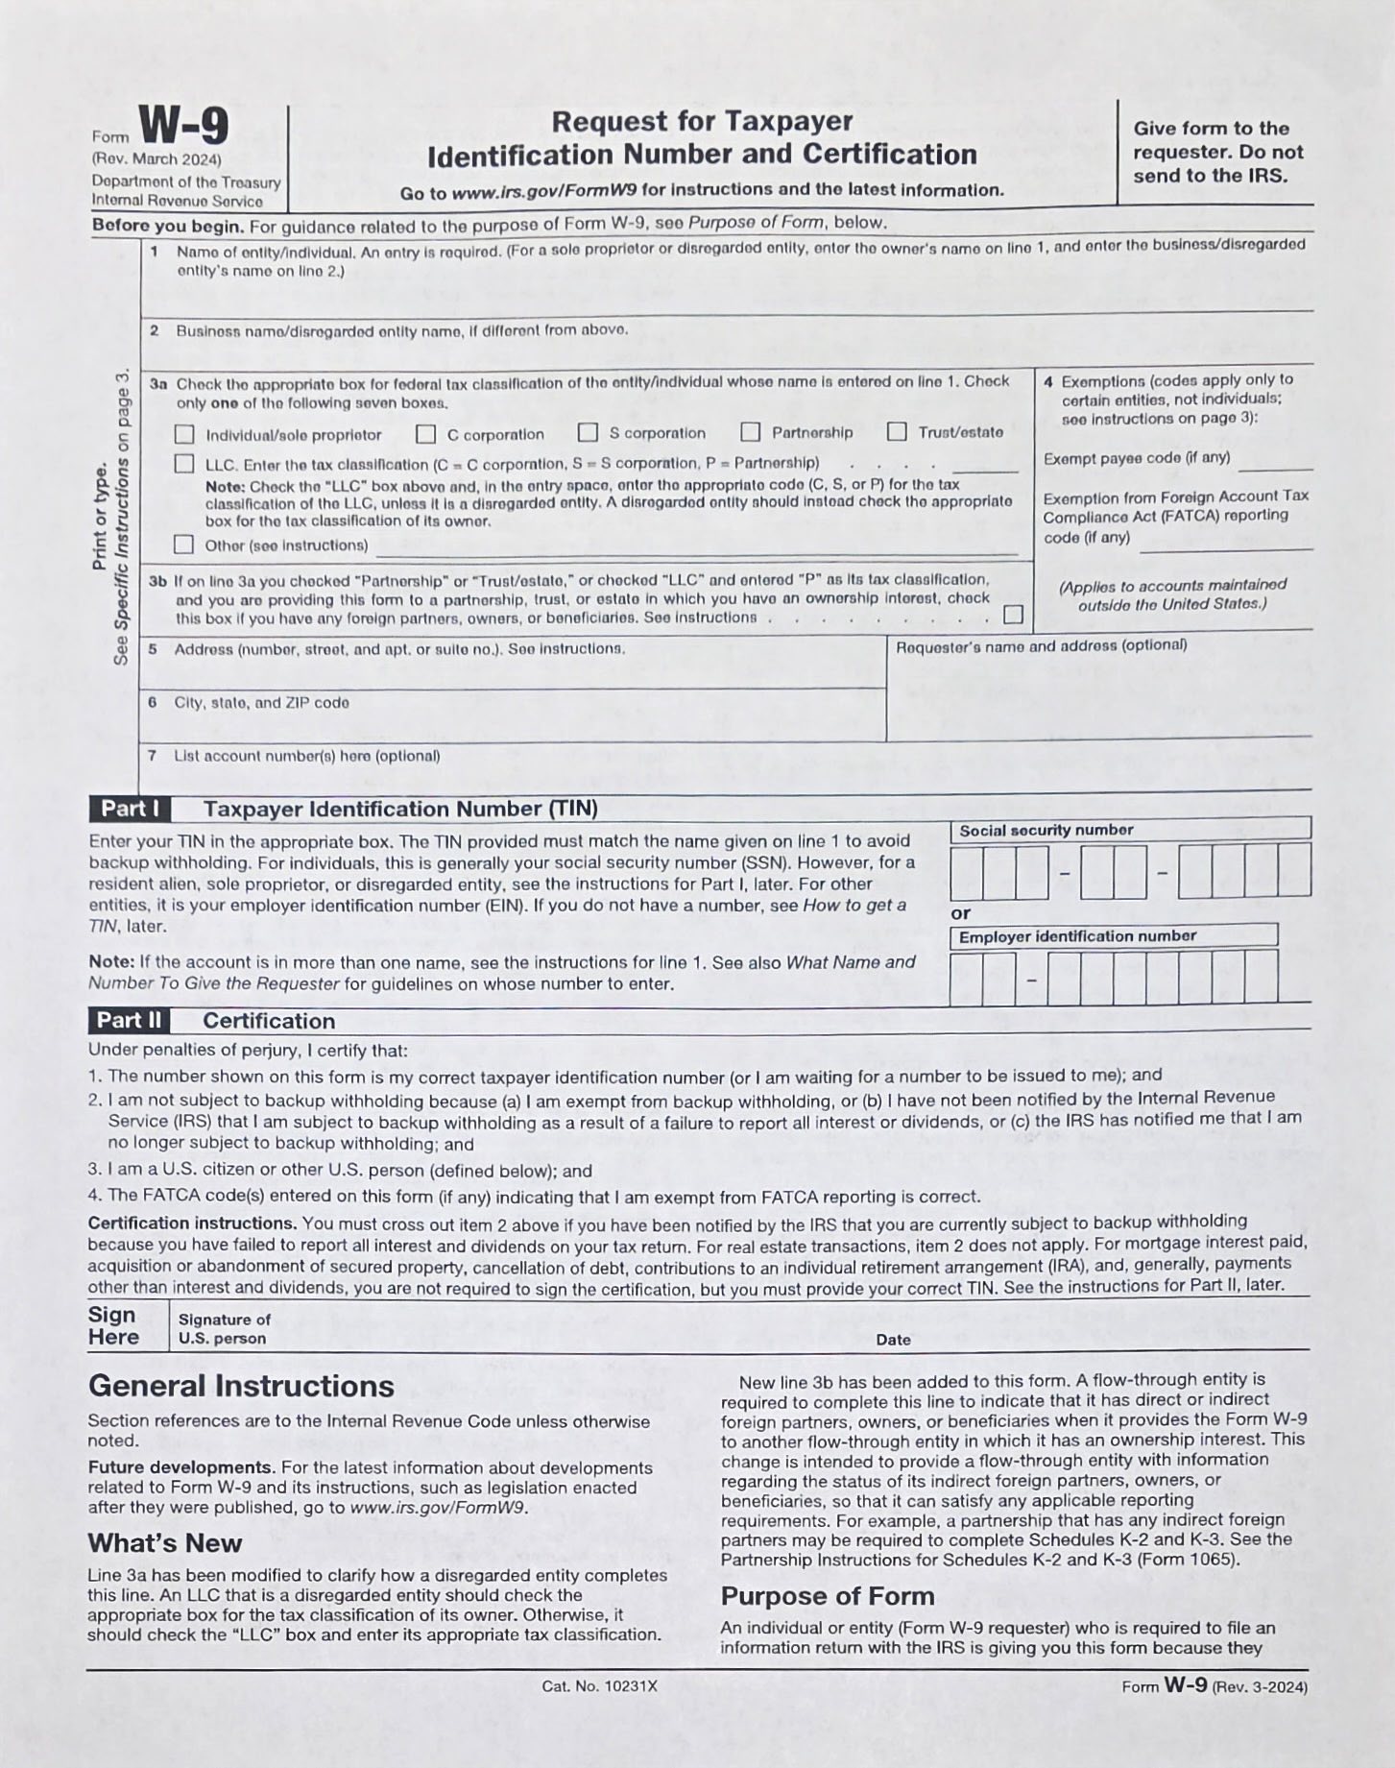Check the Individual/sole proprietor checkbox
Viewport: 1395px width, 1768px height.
[184, 435]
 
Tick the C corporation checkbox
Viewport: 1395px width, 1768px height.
[426, 434]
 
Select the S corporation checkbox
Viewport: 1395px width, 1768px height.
[588, 433]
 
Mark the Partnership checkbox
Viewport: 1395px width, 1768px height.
[751, 432]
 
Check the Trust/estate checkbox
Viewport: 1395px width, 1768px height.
[897, 432]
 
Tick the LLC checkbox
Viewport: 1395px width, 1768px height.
[184, 464]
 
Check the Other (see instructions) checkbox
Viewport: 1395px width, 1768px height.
[183, 545]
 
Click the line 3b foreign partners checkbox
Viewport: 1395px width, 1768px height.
[1013, 615]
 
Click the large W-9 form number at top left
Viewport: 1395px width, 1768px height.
[183, 126]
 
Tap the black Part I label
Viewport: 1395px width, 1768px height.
[131, 809]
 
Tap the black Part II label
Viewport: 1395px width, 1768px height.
[130, 1020]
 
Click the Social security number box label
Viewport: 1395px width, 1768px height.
[1046, 830]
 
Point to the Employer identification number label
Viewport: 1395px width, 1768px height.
[1077, 936]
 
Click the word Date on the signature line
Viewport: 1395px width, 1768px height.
[893, 1340]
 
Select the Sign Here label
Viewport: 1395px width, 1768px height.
[113, 1326]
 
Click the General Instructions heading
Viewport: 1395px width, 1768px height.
[241, 1386]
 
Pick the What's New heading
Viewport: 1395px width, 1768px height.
[165, 1543]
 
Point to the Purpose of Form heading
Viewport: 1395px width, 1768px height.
[828, 1596]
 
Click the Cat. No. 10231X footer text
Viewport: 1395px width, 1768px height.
[599, 1686]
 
